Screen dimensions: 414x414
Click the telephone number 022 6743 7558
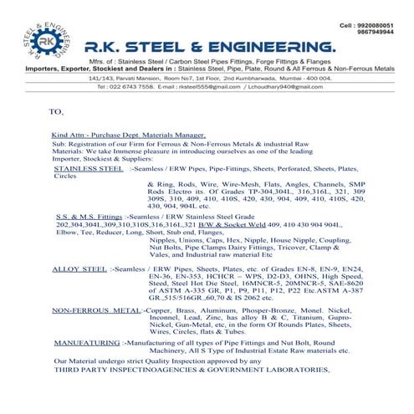point(137,86)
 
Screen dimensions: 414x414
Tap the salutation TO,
point(57,110)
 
